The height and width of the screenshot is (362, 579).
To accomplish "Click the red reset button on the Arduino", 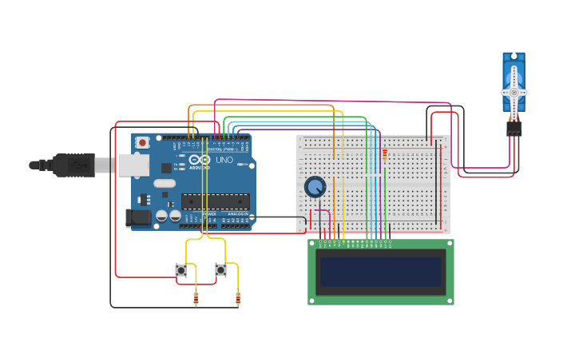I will (x=142, y=142).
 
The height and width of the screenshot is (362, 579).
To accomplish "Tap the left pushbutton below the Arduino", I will (x=181, y=270).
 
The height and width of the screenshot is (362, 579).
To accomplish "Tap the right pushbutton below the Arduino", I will (x=220, y=270).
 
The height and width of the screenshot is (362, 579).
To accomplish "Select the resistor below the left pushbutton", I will (x=196, y=299).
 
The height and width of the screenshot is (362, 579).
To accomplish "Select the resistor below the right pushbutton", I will (x=237, y=299).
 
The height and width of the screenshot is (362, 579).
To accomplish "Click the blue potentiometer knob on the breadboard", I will (x=315, y=187).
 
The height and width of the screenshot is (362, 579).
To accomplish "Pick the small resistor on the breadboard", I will (x=385, y=154).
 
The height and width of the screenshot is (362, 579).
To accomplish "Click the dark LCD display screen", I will (x=381, y=272).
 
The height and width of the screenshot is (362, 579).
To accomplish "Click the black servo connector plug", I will (x=514, y=127).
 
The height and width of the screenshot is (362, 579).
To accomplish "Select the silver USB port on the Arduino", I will (x=133, y=165).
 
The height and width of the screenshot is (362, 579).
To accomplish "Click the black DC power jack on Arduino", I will (x=139, y=217).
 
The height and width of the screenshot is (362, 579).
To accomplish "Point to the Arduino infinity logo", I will (x=199, y=161).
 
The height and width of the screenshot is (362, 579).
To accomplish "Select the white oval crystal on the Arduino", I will (x=165, y=183).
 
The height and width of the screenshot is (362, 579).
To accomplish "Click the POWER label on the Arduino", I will (x=208, y=213).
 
